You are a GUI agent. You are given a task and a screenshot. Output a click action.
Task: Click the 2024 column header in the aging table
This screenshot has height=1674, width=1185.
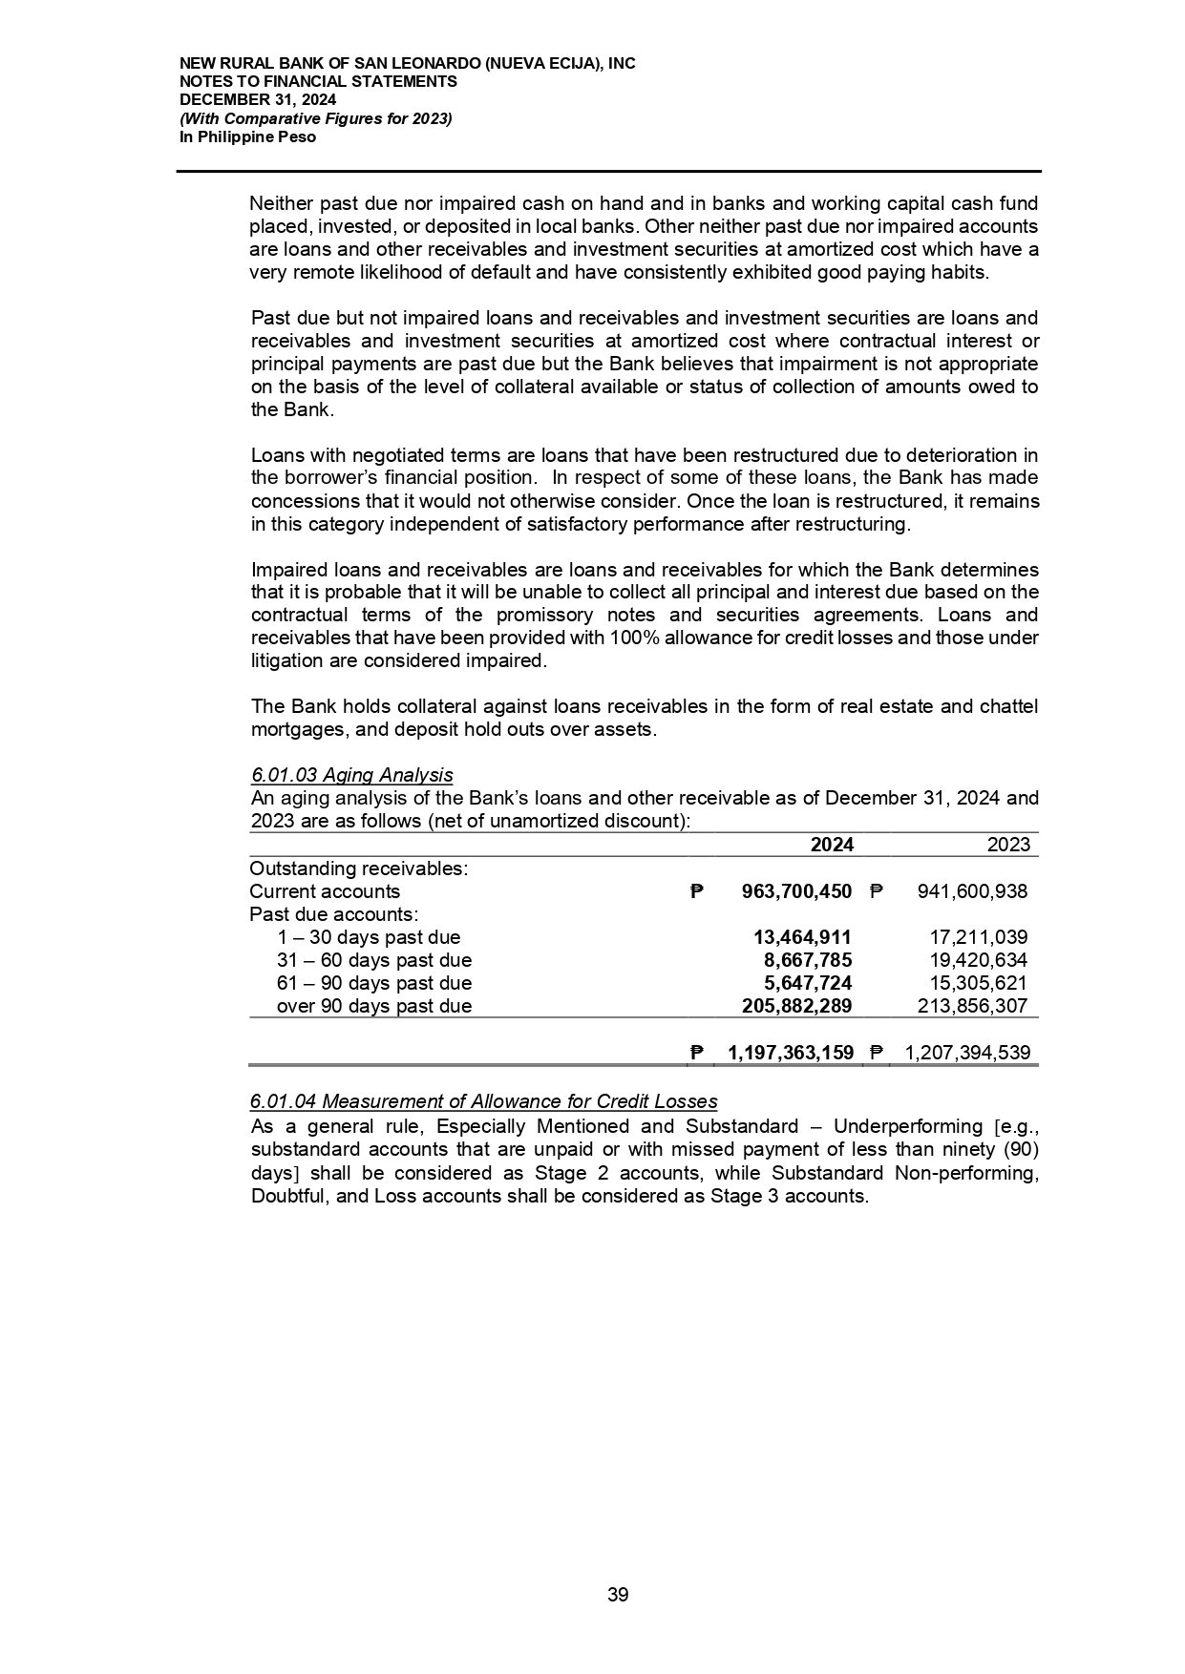[x=831, y=845]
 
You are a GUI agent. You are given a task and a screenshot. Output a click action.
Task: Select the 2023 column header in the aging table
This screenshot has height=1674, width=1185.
[x=1008, y=845]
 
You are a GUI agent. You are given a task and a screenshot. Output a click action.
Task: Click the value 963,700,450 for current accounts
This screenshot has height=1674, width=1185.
[x=796, y=891]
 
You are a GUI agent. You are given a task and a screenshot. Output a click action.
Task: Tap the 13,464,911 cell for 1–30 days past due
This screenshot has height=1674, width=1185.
[x=802, y=937]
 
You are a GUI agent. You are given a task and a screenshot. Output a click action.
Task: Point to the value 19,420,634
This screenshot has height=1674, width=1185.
[x=979, y=960]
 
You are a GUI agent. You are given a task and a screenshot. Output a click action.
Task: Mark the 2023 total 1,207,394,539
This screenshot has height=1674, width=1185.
[x=966, y=1053]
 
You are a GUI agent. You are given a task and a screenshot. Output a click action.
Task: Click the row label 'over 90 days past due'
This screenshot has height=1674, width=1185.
[x=373, y=1006]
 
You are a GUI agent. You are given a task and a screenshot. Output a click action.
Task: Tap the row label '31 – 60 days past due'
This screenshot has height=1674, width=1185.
[x=373, y=960]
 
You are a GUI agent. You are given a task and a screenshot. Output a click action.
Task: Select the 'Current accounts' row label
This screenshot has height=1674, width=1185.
[x=325, y=891]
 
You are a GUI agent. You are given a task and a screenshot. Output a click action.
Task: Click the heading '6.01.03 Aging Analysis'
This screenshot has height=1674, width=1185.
[x=351, y=775]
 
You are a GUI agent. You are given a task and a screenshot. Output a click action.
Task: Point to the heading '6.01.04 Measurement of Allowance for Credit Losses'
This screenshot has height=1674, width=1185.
[x=483, y=1102]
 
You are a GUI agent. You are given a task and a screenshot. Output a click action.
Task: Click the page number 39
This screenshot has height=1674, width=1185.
[x=618, y=1595]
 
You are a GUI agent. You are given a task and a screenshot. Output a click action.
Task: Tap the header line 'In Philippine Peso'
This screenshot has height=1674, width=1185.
[x=248, y=137]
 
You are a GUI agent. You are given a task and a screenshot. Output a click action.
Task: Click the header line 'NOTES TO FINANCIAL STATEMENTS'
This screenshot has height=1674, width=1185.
[x=319, y=82]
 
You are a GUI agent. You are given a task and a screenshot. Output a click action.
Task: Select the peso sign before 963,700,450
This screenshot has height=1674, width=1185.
[x=697, y=892]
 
